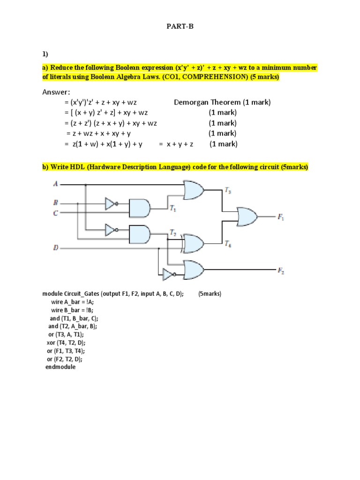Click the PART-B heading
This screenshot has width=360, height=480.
pos(180,27)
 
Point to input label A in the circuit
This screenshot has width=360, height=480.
pos(56,184)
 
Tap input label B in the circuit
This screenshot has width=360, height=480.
pos(56,203)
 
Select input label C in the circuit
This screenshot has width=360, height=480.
pos(56,213)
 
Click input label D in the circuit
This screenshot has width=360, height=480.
pos(56,247)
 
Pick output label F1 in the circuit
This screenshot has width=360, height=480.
pos(281,217)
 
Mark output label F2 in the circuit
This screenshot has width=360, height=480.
pos(281,270)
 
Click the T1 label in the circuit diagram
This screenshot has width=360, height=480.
pos(173,210)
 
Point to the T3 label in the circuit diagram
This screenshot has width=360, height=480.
pos(227,190)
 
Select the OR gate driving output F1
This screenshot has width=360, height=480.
pos(247,217)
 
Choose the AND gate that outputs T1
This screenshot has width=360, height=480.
pos(139,208)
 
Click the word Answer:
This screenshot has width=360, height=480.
pos(56,92)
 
